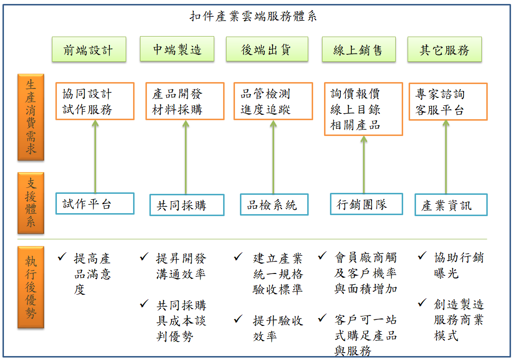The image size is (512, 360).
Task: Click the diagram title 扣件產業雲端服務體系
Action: (253, 16)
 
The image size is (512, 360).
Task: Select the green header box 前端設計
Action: (89, 49)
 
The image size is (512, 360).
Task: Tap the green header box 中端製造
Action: (177, 49)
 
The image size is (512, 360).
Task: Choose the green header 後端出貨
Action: (267, 49)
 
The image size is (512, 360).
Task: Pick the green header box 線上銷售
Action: (359, 49)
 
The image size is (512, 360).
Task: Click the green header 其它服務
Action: (444, 49)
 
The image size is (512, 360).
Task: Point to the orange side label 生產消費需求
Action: (31, 117)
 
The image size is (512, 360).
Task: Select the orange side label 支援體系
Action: (31, 203)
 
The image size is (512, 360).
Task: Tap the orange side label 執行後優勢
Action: (31, 287)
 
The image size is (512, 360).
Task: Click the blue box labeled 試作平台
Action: (95, 204)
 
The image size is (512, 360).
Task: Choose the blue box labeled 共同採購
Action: (187, 205)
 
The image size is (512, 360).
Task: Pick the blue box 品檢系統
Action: (274, 205)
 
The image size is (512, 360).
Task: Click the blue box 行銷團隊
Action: (367, 204)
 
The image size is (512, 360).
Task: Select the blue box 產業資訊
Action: (451, 205)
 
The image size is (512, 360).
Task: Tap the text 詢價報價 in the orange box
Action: (355, 94)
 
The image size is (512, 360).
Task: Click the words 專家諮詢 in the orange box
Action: (440, 94)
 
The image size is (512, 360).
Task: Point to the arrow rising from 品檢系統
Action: (273, 157)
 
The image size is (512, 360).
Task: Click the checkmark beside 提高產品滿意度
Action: (62, 257)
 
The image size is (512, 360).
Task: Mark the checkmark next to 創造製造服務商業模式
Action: (422, 303)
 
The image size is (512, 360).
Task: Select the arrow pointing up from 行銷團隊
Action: (364, 165)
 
